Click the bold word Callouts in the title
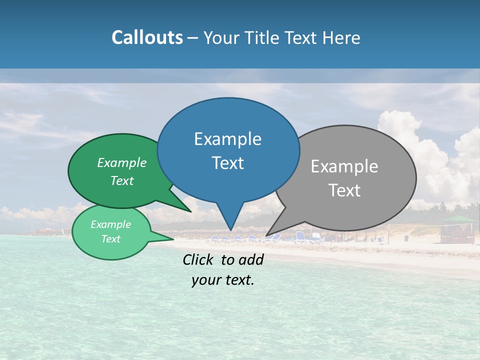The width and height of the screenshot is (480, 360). click(147, 37)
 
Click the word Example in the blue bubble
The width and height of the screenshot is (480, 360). click(227, 139)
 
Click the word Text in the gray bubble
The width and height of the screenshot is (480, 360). click(344, 190)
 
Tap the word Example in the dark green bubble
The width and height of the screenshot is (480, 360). click(122, 162)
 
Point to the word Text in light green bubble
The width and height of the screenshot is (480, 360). click(111, 239)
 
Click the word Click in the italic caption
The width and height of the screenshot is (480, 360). click(199, 259)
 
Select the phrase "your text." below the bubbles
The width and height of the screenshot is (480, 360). click(223, 280)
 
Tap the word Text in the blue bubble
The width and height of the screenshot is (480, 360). click(228, 163)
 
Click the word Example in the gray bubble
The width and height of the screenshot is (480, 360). click(344, 166)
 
